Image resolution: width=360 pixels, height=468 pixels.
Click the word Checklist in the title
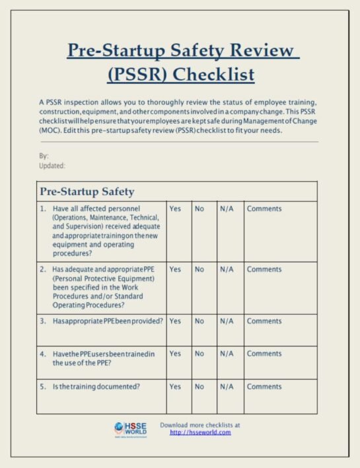[x=213, y=74]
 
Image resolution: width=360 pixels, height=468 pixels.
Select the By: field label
[x=44, y=156]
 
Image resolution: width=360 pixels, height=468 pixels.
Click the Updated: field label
[x=52, y=165]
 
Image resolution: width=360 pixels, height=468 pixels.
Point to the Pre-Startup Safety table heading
[x=87, y=192]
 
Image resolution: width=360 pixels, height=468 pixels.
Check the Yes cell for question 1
[x=175, y=209]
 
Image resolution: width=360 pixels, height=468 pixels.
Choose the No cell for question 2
[x=199, y=270]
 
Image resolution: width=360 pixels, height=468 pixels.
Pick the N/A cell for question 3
[x=227, y=321]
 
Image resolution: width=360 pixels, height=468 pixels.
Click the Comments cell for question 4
[x=264, y=354]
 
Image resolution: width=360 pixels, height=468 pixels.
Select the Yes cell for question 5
[x=175, y=387]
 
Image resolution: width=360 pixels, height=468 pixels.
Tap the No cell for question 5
[x=199, y=387]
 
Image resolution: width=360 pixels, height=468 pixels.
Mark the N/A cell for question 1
[x=227, y=209]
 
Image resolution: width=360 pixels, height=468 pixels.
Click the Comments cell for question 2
[x=264, y=270]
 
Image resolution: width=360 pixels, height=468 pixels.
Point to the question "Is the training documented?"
[x=96, y=387]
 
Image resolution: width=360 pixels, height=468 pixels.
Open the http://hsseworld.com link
[x=200, y=432]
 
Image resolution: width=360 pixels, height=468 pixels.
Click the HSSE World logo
[x=130, y=430]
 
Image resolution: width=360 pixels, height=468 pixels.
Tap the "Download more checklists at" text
[x=200, y=424]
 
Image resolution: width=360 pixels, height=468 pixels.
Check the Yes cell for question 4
[x=175, y=354]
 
